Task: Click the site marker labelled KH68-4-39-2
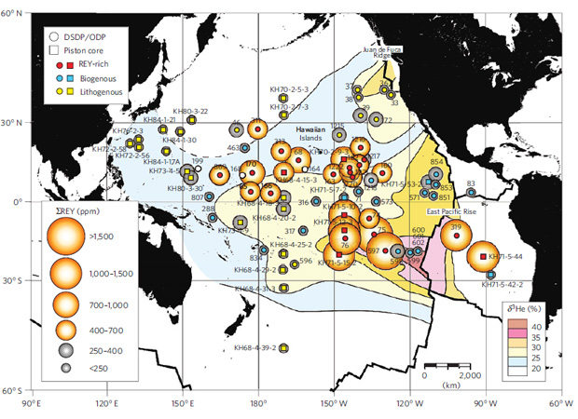click(283, 348)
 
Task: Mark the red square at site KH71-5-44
click(483, 256)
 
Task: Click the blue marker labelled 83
click(472, 192)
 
